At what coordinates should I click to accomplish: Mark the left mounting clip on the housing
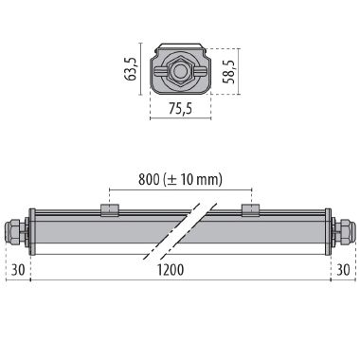click(x=110, y=209)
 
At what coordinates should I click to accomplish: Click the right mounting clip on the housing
click(x=249, y=209)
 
